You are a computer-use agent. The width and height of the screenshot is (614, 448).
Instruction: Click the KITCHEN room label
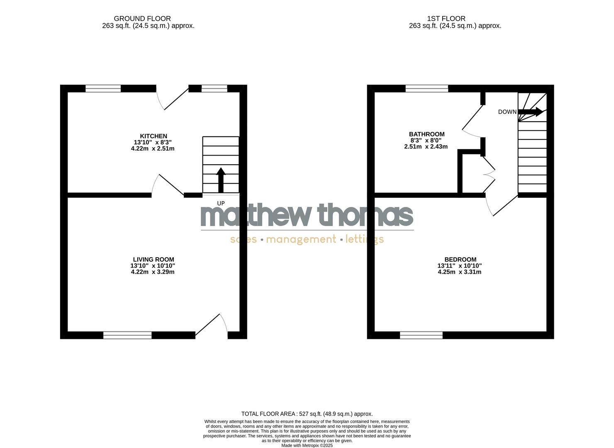[153, 136]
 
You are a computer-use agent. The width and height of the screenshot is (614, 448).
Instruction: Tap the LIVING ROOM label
[153, 260]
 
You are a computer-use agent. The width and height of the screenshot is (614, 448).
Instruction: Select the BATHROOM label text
[426, 134]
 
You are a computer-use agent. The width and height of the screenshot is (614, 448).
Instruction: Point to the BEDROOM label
[460, 260]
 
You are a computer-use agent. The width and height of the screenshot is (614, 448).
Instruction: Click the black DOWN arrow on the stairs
[531, 112]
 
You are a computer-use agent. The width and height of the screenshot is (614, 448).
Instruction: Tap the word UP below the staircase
[221, 203]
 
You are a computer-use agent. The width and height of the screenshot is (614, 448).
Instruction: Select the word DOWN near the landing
[507, 112]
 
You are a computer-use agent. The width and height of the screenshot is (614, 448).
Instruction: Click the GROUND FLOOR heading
[142, 19]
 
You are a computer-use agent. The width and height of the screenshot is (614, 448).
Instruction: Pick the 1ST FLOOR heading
[446, 19]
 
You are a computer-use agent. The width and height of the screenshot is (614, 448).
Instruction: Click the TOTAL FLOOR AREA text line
[307, 414]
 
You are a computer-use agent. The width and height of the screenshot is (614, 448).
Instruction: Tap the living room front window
[127, 335]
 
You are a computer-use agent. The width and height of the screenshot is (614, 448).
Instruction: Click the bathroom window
[427, 88]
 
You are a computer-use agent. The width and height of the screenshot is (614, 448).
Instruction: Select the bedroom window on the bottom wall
[421, 335]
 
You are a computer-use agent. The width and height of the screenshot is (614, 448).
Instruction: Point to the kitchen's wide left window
[103, 88]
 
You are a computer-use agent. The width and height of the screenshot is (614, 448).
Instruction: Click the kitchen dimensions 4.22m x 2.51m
[153, 149]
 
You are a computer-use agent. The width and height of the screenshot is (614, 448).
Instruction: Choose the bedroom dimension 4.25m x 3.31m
[460, 272]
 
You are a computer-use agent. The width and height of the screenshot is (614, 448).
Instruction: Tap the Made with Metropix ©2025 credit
[307, 446]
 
